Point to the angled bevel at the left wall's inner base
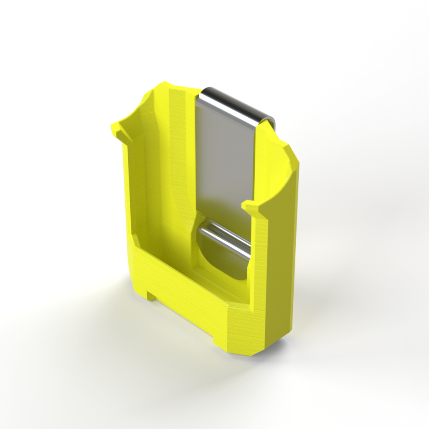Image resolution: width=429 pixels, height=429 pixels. coord(136,240)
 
